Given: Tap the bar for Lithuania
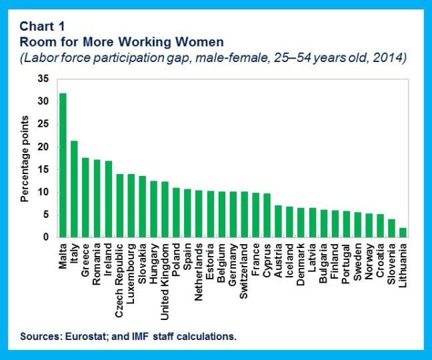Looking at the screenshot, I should [403, 233].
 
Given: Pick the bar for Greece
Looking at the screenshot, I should [85, 197].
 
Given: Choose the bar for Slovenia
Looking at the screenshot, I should [392, 228].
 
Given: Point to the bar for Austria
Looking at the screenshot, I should [279, 221].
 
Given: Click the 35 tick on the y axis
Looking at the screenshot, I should [44, 79].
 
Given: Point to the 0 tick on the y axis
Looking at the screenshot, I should [47, 237].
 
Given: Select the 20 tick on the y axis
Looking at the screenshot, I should [44, 147].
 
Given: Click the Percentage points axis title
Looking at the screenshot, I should [25, 158].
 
